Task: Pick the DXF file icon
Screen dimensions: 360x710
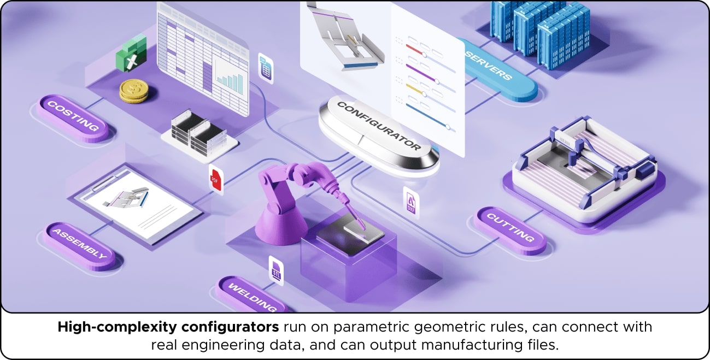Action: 411,202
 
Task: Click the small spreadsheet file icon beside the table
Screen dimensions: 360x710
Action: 265,68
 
